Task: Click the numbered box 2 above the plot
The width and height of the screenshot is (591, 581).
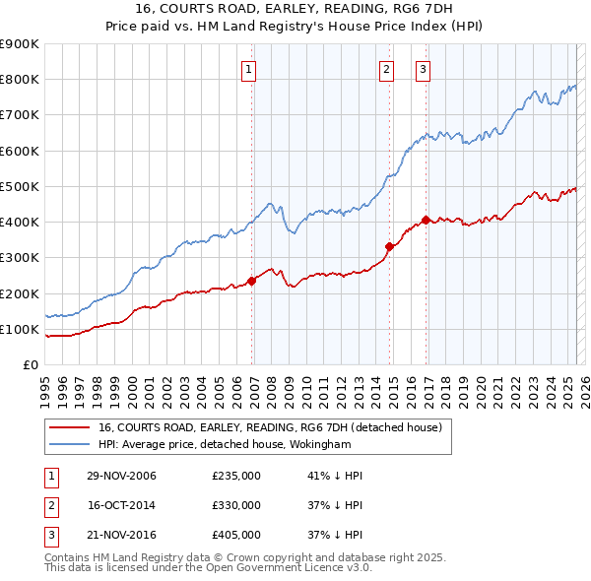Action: coord(385,69)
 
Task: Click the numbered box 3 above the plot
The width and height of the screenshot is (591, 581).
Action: coord(423,69)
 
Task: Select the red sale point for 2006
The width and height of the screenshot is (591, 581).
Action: coord(252,281)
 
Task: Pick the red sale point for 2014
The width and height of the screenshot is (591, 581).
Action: coord(389,247)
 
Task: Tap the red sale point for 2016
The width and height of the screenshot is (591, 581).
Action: coord(426,220)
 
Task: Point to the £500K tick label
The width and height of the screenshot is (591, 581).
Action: coord(20,186)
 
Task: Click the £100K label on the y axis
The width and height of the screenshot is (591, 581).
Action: coord(20,329)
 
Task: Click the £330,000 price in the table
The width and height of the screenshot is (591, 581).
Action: coord(236,505)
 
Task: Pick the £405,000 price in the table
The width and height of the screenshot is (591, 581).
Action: coord(236,535)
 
